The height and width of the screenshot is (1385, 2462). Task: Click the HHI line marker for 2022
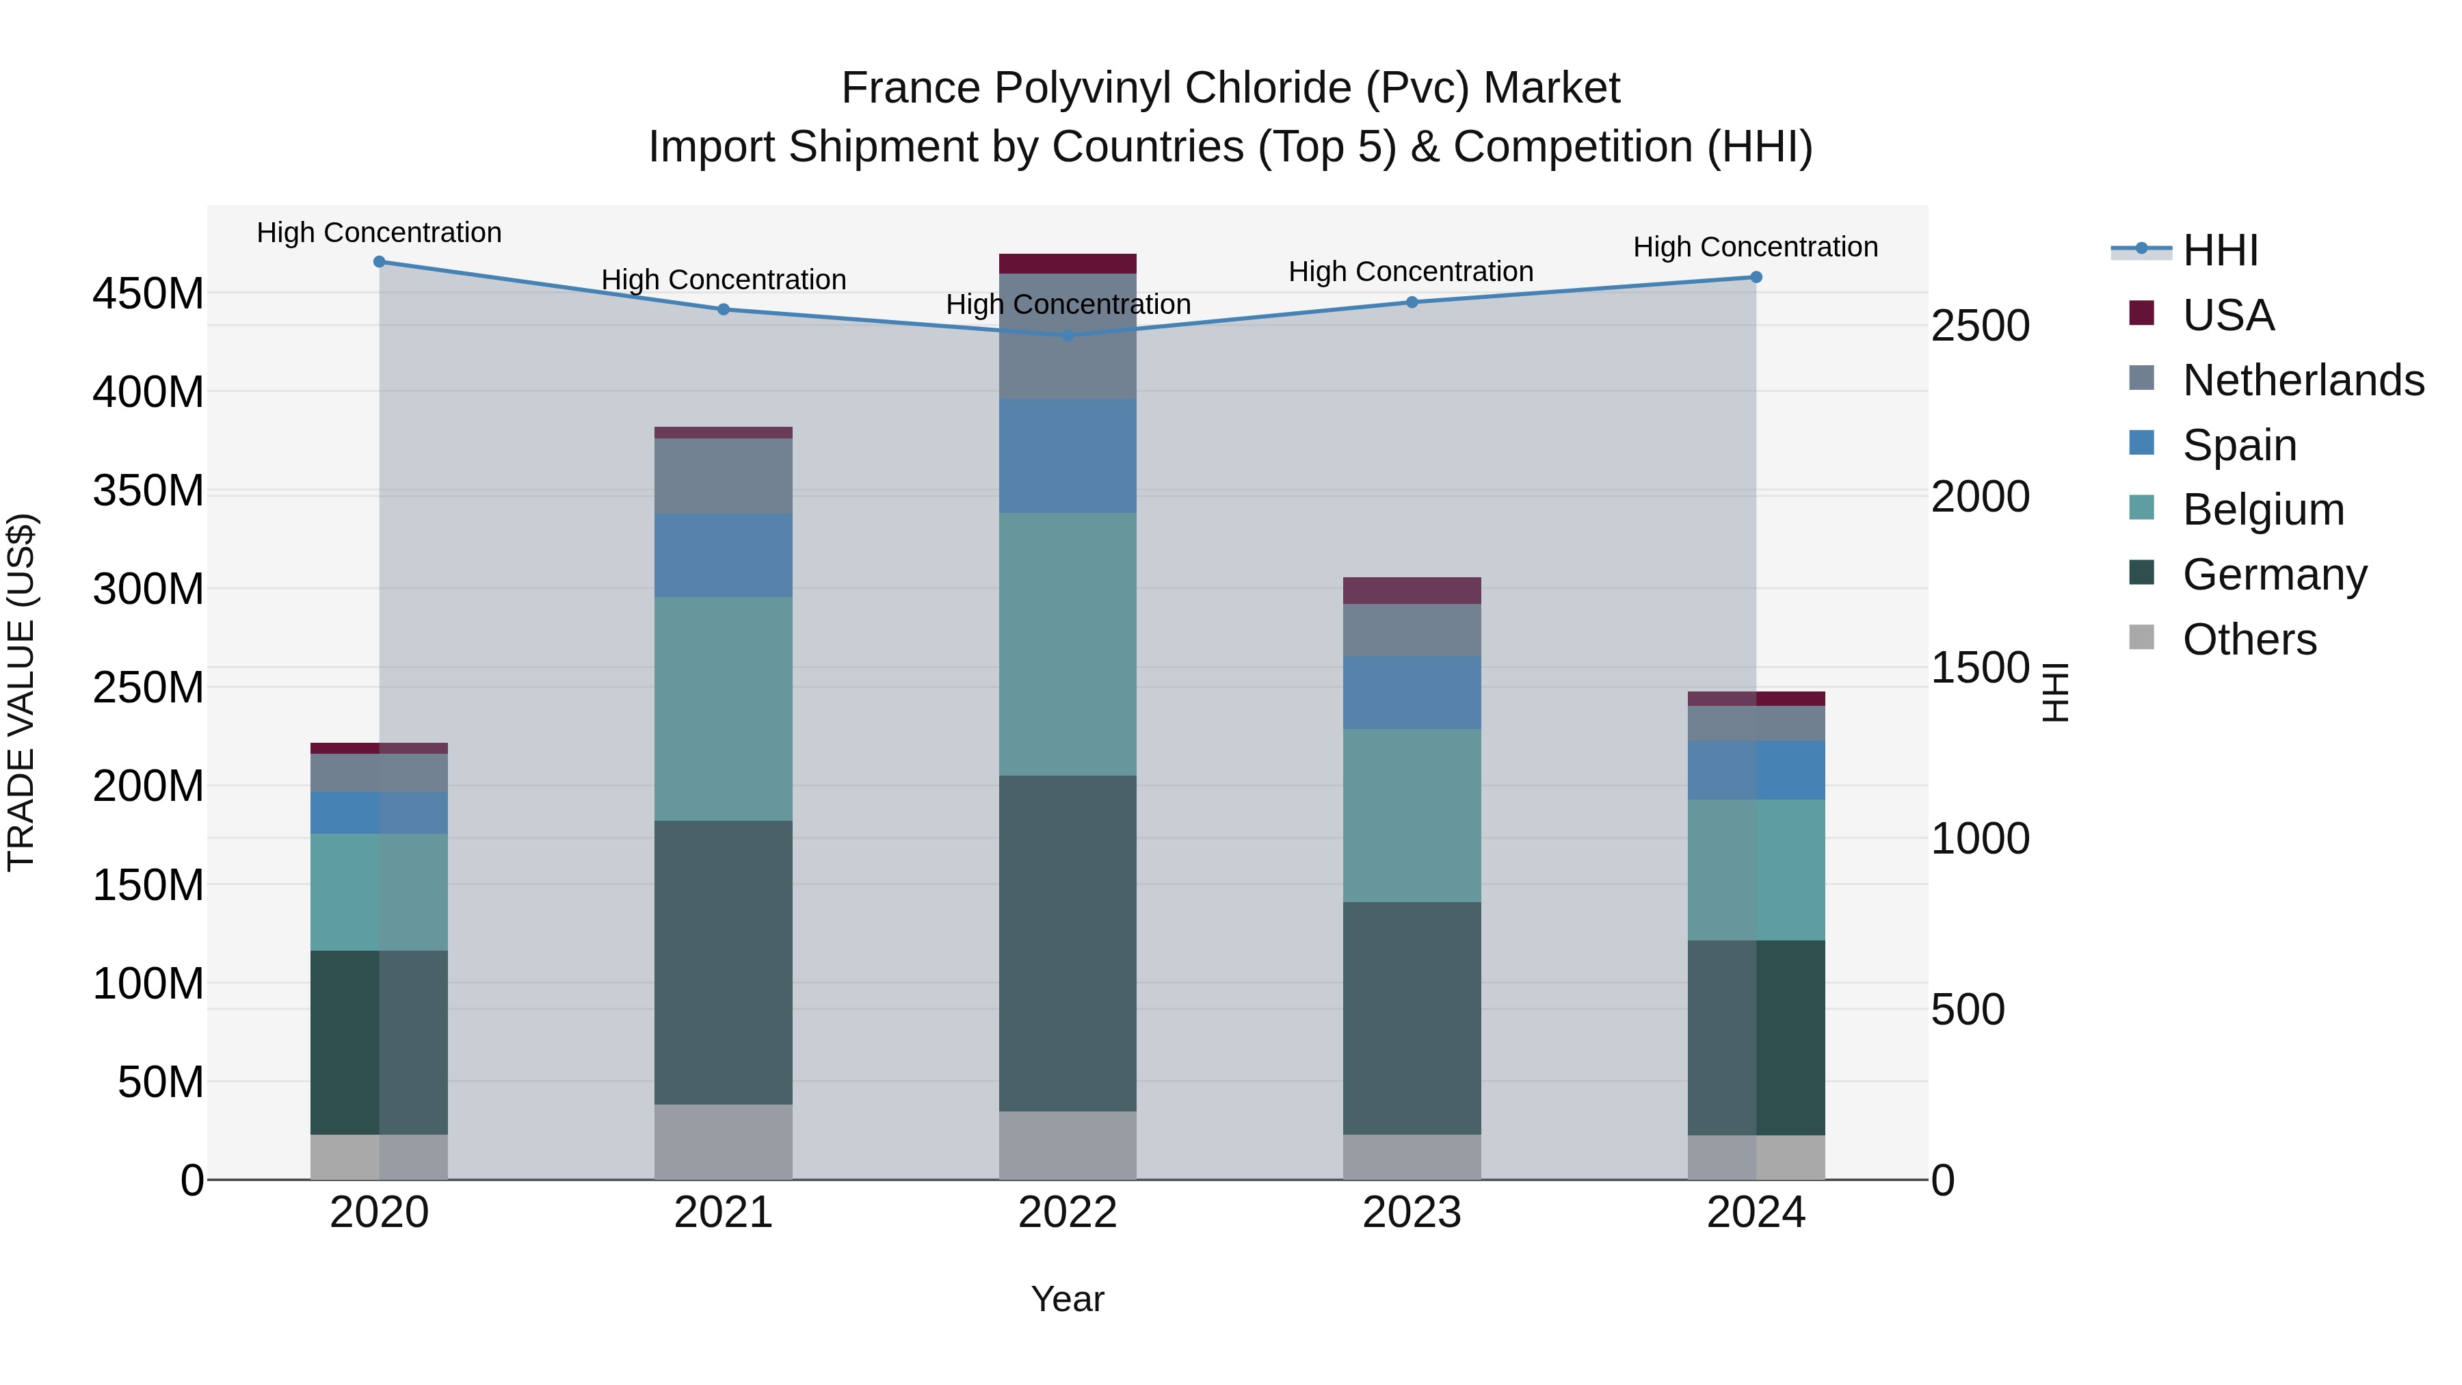pos(1068,336)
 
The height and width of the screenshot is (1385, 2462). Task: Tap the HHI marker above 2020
pos(380,262)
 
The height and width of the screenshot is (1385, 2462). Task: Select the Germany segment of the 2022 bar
pos(1068,942)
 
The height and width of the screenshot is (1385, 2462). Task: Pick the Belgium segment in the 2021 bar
pos(724,709)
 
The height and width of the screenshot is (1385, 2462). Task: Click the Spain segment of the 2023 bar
pos(1412,692)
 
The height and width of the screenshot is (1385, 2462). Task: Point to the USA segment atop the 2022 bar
pos(1068,264)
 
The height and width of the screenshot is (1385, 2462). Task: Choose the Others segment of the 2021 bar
pos(724,1142)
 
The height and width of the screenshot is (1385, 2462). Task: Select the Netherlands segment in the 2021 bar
pos(724,476)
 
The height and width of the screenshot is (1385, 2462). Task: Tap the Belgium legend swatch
pos(2142,508)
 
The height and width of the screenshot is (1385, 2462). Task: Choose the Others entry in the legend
pos(2249,639)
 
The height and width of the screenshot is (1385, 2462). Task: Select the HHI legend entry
pos(2220,250)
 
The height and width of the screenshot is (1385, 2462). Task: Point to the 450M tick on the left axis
pos(148,293)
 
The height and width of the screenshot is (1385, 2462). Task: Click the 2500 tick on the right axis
pos(1979,326)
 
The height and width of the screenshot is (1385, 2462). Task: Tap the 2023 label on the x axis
pos(1412,1213)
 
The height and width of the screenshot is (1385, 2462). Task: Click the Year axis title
pos(1068,1299)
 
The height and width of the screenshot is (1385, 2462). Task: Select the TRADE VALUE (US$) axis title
pos(22,692)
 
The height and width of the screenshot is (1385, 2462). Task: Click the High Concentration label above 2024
pos(1755,247)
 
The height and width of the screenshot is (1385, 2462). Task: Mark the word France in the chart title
pos(911,88)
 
